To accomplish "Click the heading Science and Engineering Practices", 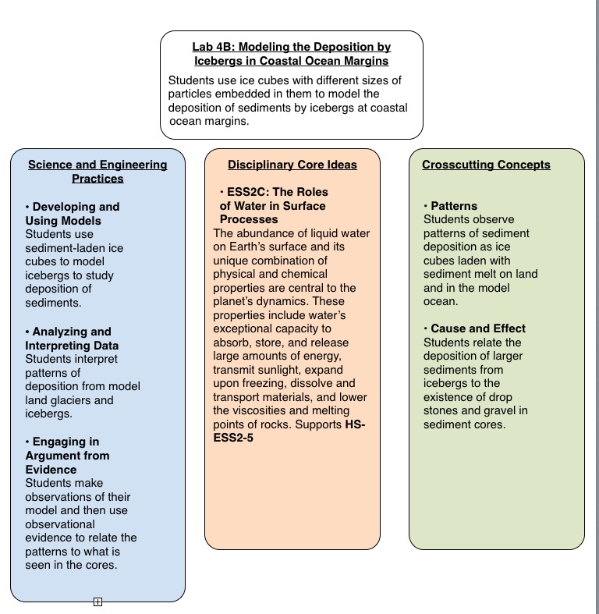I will (97, 172).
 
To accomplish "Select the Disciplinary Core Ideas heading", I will (292, 165).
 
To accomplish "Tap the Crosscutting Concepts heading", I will (486, 165).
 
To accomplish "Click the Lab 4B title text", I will (291, 54).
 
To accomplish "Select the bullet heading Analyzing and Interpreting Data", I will (71, 339).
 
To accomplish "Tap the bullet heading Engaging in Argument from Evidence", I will (67, 456).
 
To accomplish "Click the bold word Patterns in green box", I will (454, 206).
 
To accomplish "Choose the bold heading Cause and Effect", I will (478, 328).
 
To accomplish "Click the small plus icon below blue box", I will (97, 602).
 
